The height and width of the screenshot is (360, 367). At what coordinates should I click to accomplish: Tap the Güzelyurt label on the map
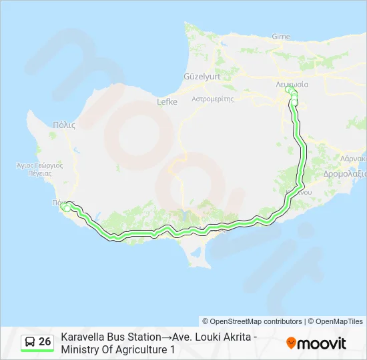tap(202, 77)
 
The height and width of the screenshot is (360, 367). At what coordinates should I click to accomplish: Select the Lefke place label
tap(167, 102)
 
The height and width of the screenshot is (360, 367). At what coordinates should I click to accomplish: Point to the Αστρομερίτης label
tap(212, 98)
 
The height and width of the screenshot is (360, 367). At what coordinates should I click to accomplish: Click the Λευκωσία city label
tap(292, 85)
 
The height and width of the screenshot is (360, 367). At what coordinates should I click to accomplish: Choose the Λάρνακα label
tap(354, 160)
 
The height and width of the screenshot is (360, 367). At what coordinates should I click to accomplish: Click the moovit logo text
tap(322, 343)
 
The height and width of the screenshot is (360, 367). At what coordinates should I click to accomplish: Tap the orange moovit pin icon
tap(291, 343)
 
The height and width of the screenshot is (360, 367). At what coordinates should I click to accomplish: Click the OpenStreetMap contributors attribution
tap(252, 321)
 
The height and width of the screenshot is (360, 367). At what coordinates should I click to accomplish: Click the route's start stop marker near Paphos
tap(65, 207)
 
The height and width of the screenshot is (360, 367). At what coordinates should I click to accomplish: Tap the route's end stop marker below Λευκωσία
tap(293, 100)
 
